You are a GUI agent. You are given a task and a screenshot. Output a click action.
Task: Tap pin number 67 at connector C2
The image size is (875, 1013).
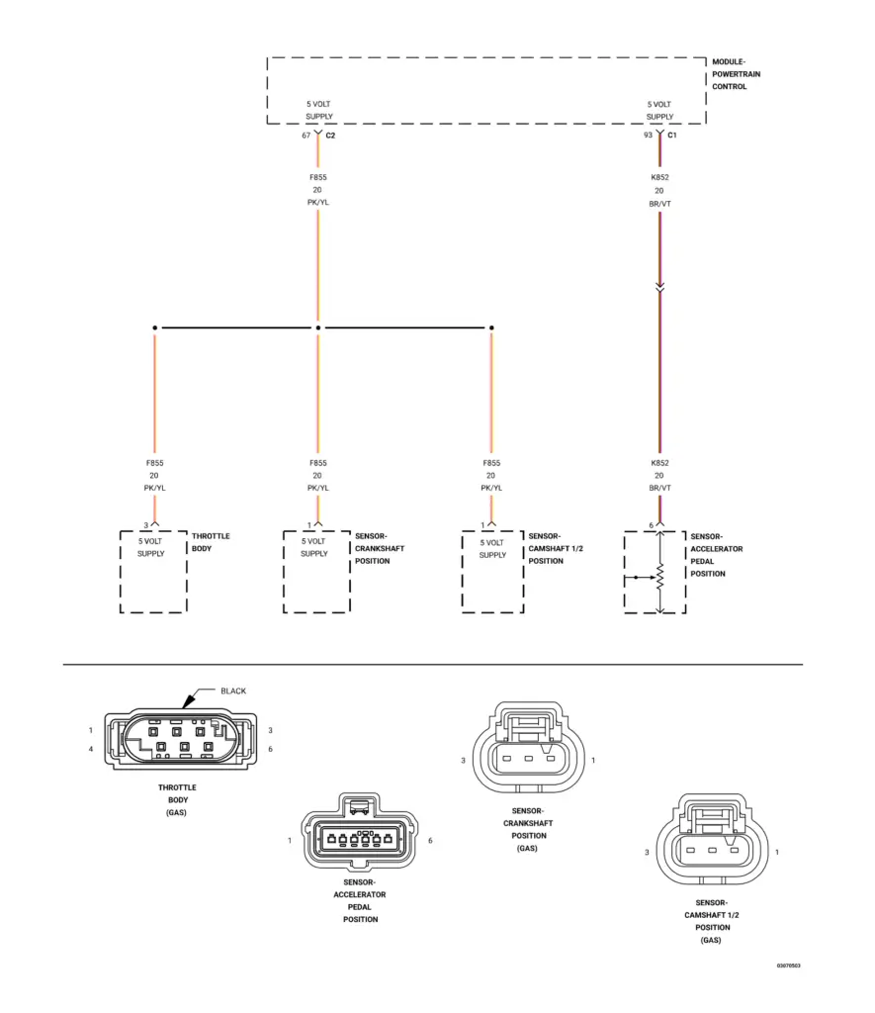[x=306, y=136]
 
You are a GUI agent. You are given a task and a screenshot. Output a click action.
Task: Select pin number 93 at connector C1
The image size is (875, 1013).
[x=648, y=136]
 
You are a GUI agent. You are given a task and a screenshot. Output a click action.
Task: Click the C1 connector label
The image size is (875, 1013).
[x=672, y=136]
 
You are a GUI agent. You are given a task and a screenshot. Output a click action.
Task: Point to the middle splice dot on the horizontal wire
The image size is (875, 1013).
[x=317, y=327]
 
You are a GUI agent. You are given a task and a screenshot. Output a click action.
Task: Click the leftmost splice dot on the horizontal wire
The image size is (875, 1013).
[x=154, y=327]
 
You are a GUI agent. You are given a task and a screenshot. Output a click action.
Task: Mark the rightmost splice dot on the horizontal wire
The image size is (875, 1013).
[x=491, y=327]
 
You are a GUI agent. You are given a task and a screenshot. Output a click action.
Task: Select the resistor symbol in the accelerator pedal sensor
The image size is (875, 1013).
[x=659, y=575]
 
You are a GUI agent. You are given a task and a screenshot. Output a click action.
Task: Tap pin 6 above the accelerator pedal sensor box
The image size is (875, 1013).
[x=651, y=525]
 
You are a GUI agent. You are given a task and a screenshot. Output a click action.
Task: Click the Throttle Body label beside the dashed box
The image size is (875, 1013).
[x=211, y=542]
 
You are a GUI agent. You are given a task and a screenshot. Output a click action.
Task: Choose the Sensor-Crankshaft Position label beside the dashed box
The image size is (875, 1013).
[x=380, y=548]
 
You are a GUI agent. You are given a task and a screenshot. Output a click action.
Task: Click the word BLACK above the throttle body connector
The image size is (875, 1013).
[x=233, y=691]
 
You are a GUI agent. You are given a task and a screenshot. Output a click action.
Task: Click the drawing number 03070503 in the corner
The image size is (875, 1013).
[x=788, y=965]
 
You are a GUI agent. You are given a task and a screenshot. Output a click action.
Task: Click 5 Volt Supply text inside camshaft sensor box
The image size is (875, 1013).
[x=492, y=548]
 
